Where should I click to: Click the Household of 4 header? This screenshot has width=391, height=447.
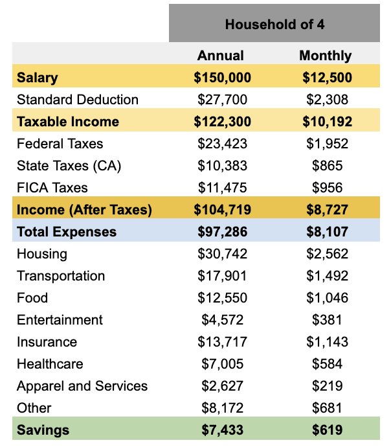pos(274,25)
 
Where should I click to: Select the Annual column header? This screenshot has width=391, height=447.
pos(221,56)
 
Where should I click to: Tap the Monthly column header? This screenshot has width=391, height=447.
pos(325,56)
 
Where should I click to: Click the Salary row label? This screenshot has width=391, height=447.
pos(38,78)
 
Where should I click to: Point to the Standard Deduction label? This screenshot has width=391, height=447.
pos(78,100)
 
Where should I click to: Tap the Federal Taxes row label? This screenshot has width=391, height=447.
pos(60,144)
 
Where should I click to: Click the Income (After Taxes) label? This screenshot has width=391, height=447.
pos(84,210)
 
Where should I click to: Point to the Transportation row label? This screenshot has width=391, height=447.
pos(61,276)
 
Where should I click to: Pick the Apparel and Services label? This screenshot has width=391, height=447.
pos(82,386)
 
